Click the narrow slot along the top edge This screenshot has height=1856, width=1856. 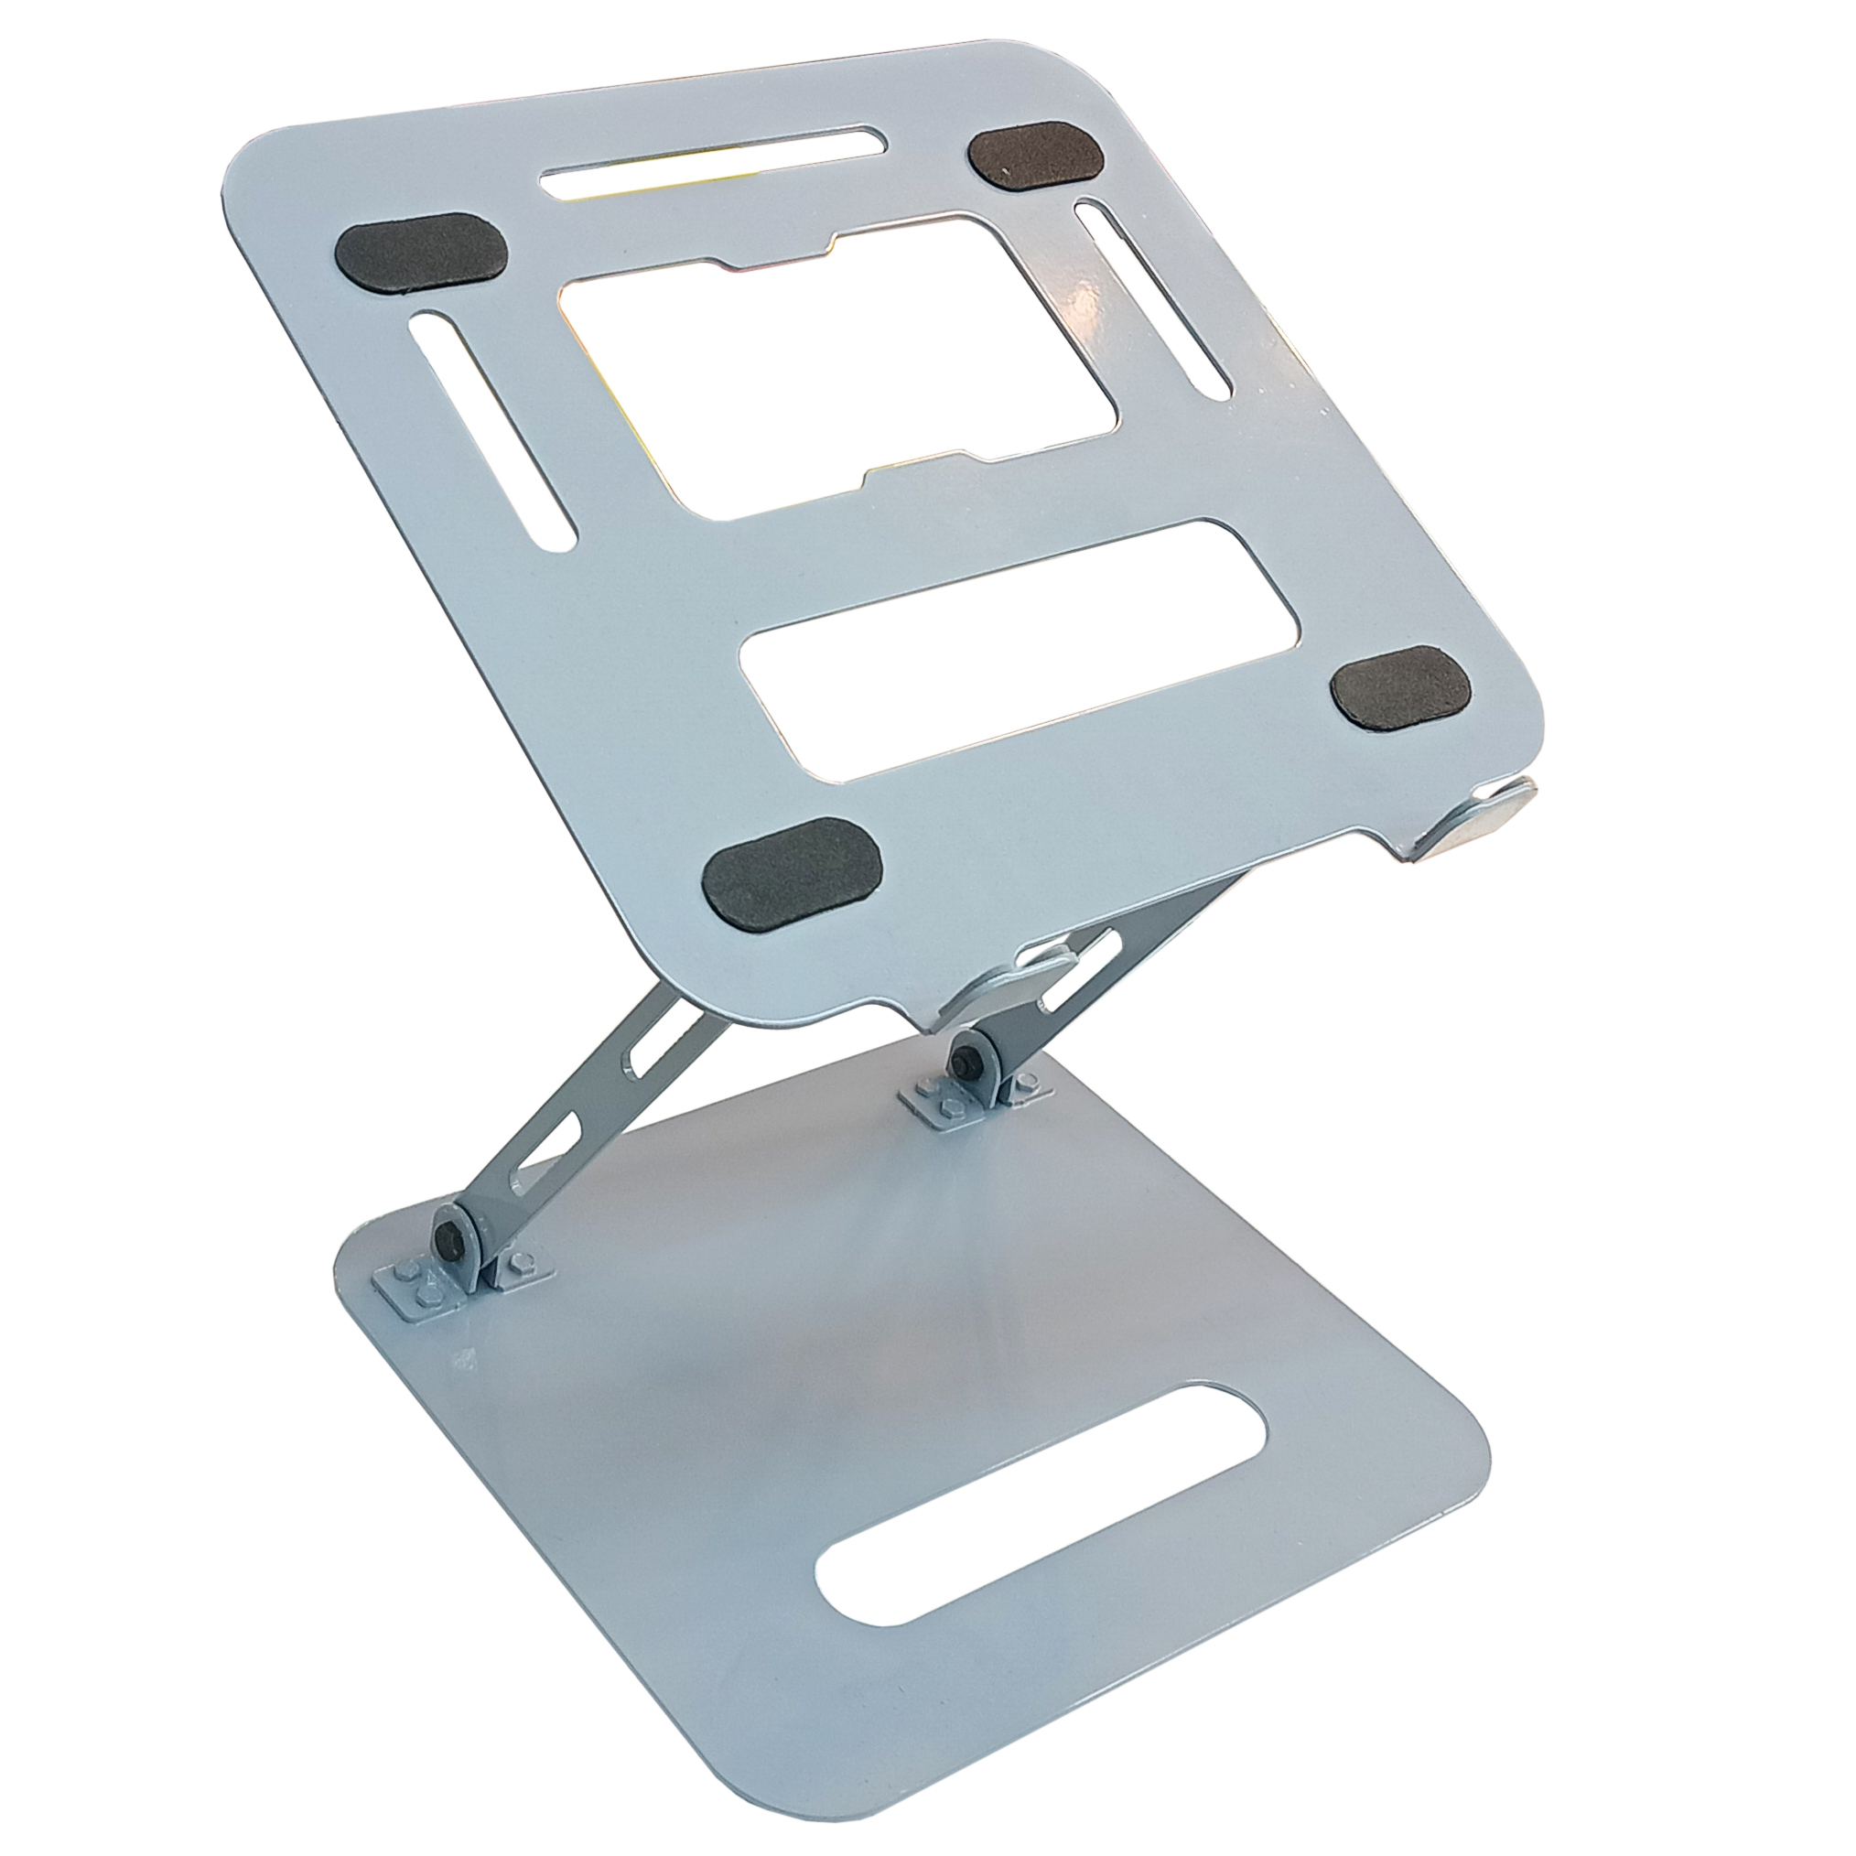click(x=714, y=164)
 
